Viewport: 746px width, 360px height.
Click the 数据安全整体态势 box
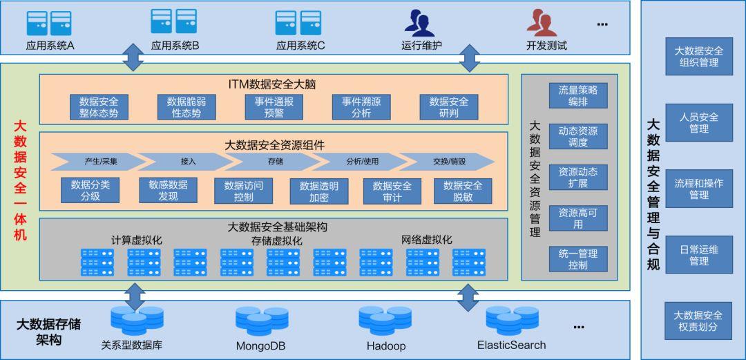click(99, 107)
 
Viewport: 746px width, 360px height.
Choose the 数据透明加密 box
click(319, 191)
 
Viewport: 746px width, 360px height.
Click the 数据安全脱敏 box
click(463, 191)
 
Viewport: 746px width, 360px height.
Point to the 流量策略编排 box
click(578, 95)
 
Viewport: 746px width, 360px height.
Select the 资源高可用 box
click(578, 218)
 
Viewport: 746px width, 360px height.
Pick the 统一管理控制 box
click(578, 259)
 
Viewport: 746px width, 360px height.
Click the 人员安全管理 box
click(698, 122)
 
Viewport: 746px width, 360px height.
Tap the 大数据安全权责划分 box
click(698, 321)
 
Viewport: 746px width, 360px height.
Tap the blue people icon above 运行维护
click(419, 23)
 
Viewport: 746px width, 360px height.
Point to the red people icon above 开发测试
click(542, 23)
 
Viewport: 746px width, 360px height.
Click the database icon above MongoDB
click(261, 321)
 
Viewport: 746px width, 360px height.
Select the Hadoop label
click(386, 345)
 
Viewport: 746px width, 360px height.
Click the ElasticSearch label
click(511, 345)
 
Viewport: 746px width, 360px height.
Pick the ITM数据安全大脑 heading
click(273, 84)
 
